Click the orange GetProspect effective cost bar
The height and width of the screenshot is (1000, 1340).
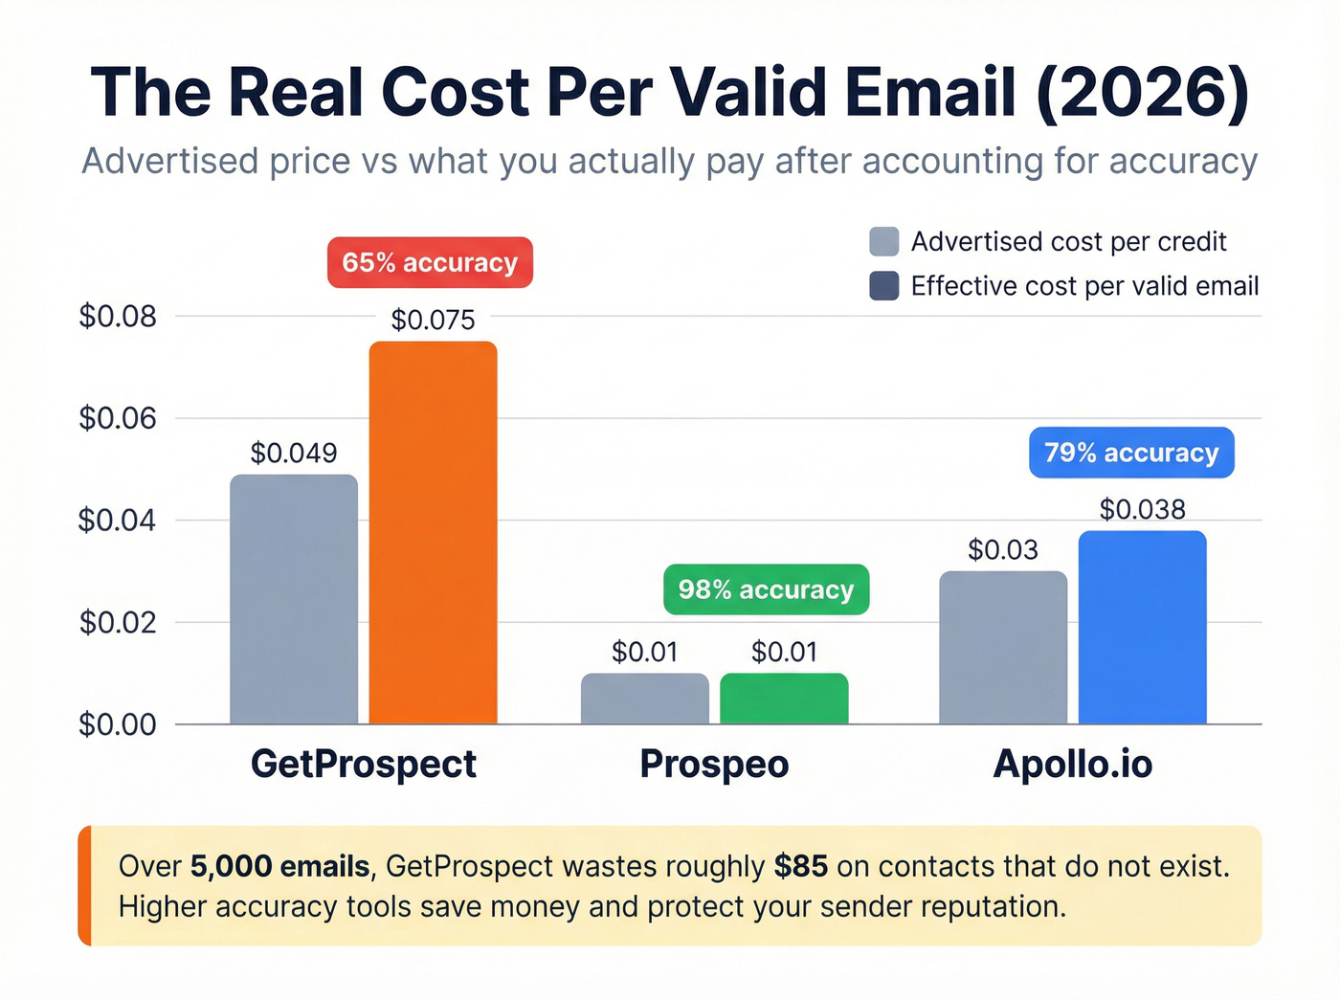tap(433, 532)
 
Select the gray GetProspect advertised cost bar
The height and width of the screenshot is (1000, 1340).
tap(294, 599)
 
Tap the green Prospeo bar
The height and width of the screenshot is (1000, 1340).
tap(784, 699)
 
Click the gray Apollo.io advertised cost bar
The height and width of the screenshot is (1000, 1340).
tap(1003, 648)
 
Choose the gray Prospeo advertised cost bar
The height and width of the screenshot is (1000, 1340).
tap(644, 699)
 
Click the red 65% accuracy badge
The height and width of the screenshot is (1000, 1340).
tap(430, 262)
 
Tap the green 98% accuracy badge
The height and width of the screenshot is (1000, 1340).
tap(766, 589)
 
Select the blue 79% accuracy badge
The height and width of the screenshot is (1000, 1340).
tap(1131, 453)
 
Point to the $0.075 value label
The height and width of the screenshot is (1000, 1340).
tap(433, 320)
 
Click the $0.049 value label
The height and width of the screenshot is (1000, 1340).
tap(294, 453)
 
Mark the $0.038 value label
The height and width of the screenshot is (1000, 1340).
tap(1142, 509)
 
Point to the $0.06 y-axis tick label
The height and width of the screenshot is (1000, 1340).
tap(118, 418)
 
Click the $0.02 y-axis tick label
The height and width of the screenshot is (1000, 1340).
tap(118, 622)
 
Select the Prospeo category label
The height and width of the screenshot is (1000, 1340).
tap(714, 764)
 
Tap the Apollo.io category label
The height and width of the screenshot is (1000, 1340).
tap(1072, 764)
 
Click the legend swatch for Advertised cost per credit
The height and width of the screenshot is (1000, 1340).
tap(883, 241)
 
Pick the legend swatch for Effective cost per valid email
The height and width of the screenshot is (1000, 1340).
tap(883, 286)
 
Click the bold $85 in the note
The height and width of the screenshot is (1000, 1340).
tap(801, 866)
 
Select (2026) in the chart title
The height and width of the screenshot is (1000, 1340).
tap(1142, 93)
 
